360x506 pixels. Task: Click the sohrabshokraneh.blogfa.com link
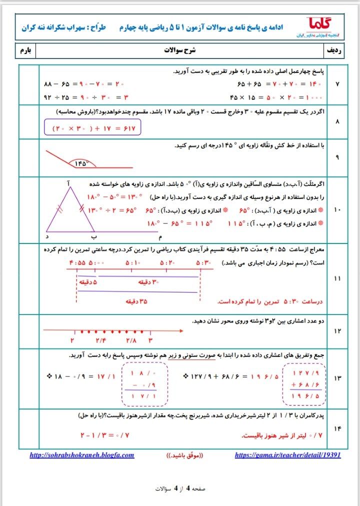(82, 455)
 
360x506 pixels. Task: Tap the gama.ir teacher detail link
(287, 455)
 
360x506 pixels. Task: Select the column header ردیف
(334, 51)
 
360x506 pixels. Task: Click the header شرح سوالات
(179, 51)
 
